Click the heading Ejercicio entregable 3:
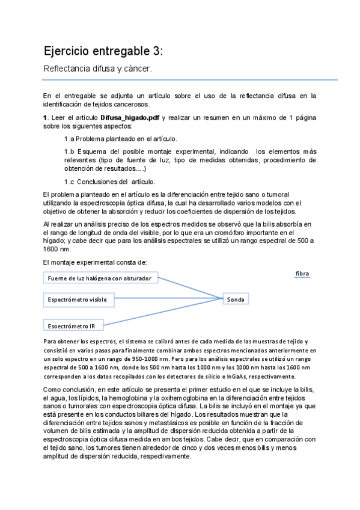103,51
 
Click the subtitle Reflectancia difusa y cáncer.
97,69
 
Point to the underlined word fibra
302,274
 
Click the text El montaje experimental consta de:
91,262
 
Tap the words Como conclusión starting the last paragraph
68,390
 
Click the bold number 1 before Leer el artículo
46,117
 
